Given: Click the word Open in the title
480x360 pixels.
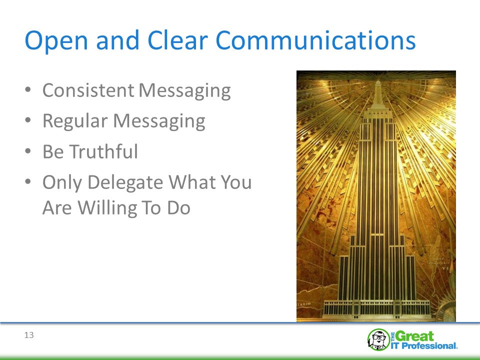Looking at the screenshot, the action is coord(56,40).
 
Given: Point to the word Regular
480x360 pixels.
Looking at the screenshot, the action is coord(75,121).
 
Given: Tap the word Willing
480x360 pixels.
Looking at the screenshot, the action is coord(106,208).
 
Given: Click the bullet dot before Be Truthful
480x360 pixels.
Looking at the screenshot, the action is coord(28,151).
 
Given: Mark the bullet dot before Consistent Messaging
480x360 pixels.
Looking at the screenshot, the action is coord(28,89).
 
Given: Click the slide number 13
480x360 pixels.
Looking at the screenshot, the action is coord(29,335).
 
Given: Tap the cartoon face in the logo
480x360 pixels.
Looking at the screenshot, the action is coord(378,339).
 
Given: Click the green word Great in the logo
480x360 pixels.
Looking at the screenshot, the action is coord(415,336).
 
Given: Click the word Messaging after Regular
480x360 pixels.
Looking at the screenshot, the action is coord(159,121).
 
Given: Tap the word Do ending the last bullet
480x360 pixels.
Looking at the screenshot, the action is coord(179,207).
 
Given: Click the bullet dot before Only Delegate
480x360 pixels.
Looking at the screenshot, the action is coord(28,181).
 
